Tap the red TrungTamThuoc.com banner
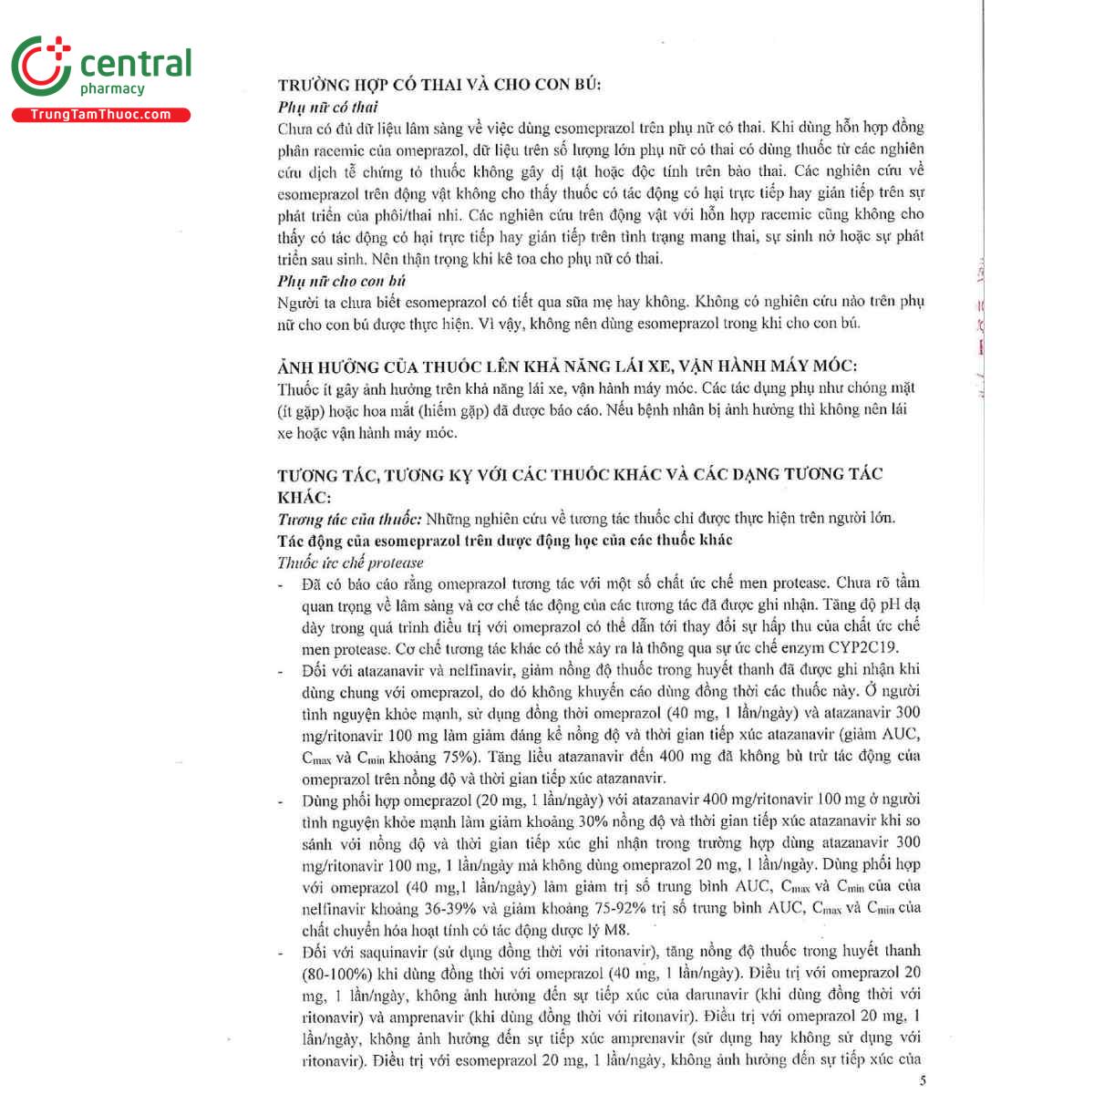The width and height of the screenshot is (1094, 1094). pyautogui.click(x=100, y=115)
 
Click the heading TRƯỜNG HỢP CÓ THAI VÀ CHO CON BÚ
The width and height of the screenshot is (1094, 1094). pyautogui.click(x=439, y=85)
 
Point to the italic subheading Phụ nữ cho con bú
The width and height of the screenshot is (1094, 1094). pyautogui.click(x=342, y=281)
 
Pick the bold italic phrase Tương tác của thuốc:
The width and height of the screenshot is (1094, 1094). pyautogui.click(x=349, y=519)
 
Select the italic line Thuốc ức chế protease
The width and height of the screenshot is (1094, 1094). pyautogui.click(x=350, y=562)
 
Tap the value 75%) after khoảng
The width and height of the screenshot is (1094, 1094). pyautogui.click(x=458, y=757)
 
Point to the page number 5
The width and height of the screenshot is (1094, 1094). pyautogui.click(x=923, y=1080)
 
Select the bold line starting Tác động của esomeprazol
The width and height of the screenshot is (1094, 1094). pyautogui.click(x=505, y=540)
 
